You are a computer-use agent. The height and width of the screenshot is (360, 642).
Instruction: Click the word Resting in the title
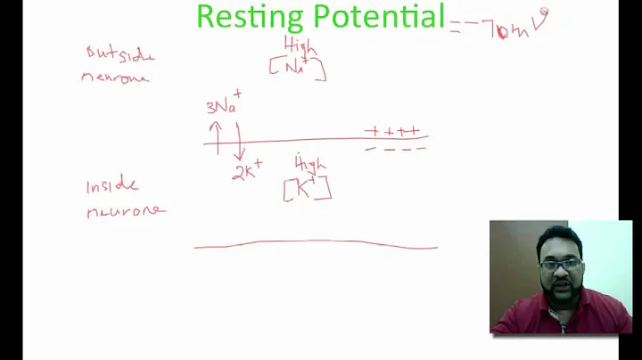[246, 16]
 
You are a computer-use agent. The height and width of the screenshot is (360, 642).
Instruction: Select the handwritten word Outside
[120, 55]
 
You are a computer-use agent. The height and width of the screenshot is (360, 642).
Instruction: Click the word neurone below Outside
[115, 77]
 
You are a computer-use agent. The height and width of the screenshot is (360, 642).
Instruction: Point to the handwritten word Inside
[112, 186]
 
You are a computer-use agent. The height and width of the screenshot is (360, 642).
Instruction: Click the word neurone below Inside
[126, 211]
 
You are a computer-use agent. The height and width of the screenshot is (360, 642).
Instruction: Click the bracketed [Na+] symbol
[297, 68]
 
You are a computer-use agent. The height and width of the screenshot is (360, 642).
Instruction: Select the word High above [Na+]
[300, 44]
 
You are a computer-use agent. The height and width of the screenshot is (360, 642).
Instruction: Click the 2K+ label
[247, 170]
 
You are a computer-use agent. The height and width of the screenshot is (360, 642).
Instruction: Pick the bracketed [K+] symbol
[307, 188]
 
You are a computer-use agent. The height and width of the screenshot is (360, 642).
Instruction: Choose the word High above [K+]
[310, 164]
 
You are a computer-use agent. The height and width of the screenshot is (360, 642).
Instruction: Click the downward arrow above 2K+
[239, 141]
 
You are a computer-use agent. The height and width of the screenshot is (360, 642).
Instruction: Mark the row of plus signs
[392, 132]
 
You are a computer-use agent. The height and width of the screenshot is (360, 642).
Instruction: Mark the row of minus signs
[395, 148]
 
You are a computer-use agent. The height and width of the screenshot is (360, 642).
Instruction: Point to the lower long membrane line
[316, 243]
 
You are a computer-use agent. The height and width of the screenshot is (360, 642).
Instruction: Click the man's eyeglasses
[561, 265]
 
